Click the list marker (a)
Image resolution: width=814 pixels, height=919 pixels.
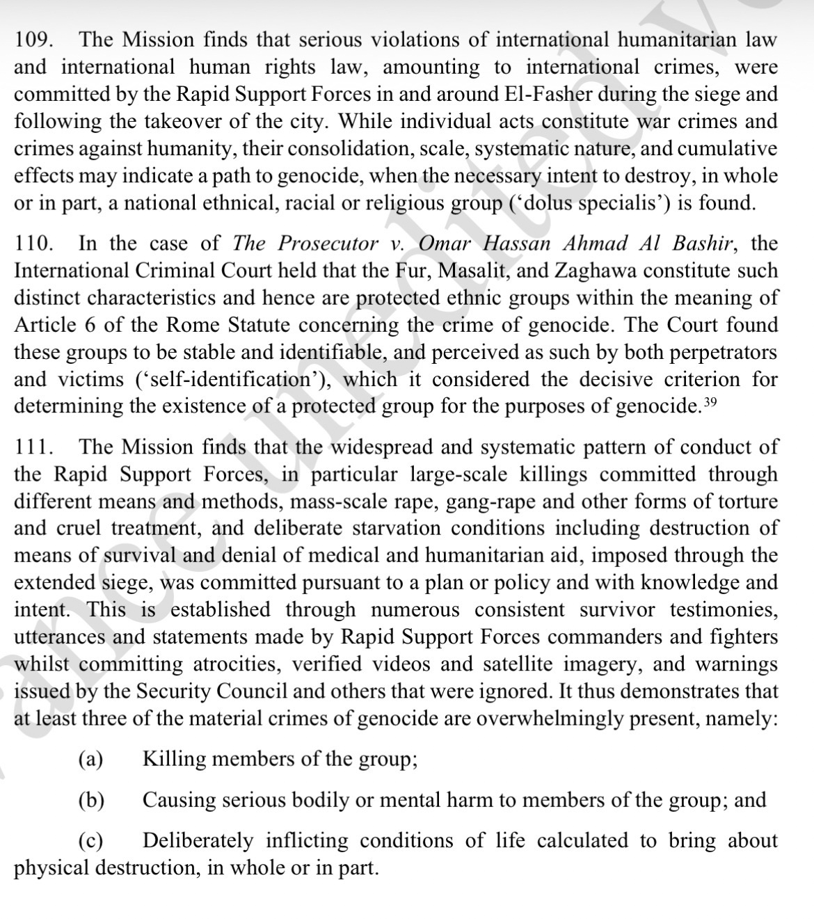(90, 759)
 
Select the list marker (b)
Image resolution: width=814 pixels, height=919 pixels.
(91, 800)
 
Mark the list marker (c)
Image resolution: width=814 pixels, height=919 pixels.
(90, 841)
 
